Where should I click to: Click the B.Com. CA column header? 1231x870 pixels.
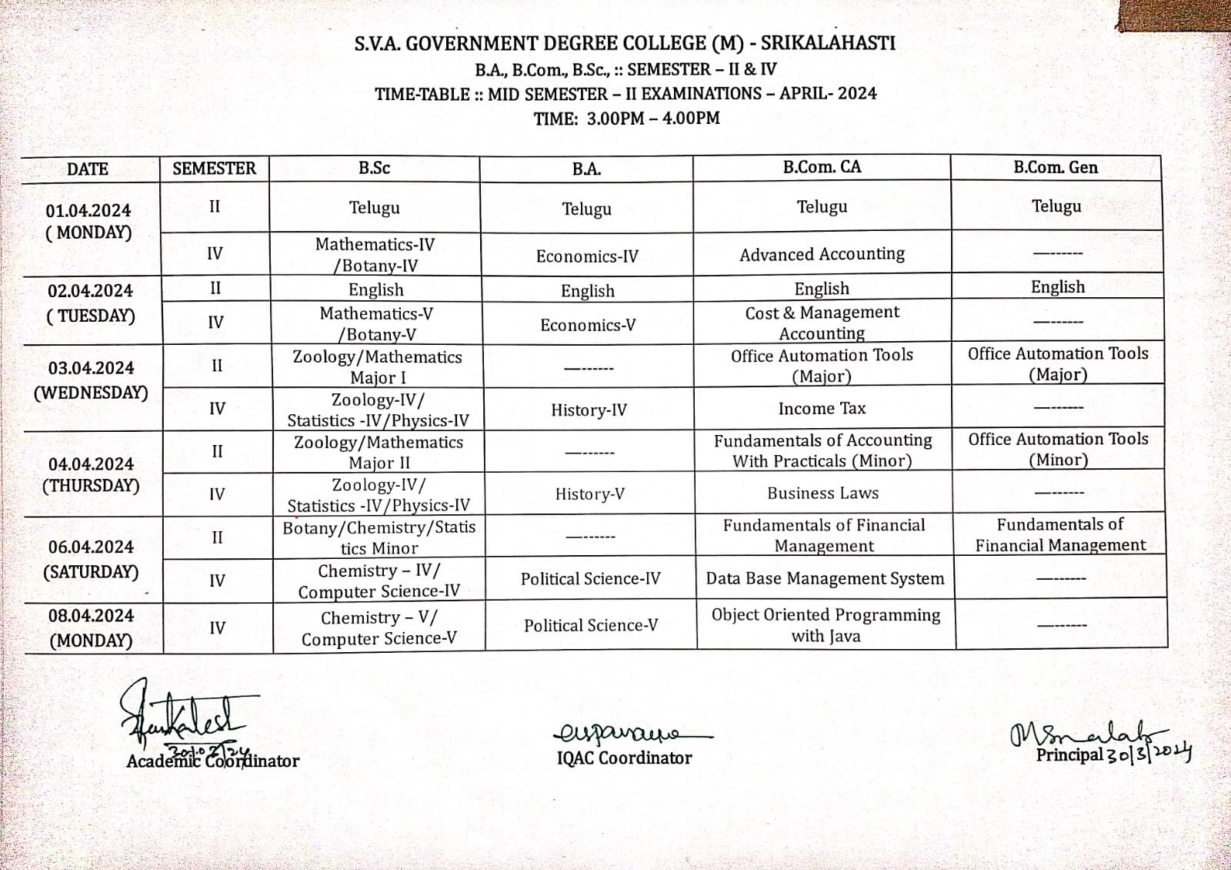[822, 167]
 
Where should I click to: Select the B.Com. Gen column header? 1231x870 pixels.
[1056, 167]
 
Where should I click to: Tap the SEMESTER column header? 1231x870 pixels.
[214, 169]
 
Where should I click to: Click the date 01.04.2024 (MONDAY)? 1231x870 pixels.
[88, 222]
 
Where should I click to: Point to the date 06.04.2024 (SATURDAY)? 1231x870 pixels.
[91, 559]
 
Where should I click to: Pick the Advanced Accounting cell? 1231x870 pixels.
[822, 254]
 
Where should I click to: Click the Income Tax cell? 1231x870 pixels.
[822, 409]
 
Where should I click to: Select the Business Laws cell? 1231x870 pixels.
[822, 494]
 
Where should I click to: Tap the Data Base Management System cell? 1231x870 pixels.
[825, 579]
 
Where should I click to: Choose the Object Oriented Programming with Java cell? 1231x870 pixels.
[826, 625]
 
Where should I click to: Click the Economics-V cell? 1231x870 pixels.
[588, 325]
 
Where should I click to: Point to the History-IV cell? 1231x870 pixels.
[589, 410]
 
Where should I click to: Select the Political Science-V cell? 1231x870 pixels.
[591, 625]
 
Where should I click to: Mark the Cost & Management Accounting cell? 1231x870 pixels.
[822, 323]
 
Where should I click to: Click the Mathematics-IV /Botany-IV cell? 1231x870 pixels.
[375, 255]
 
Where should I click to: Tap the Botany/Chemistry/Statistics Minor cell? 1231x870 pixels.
[379, 537]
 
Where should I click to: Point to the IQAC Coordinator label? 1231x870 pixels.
[624, 758]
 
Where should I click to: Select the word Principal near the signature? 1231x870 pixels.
[1069, 755]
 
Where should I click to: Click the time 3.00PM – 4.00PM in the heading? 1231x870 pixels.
[653, 119]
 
